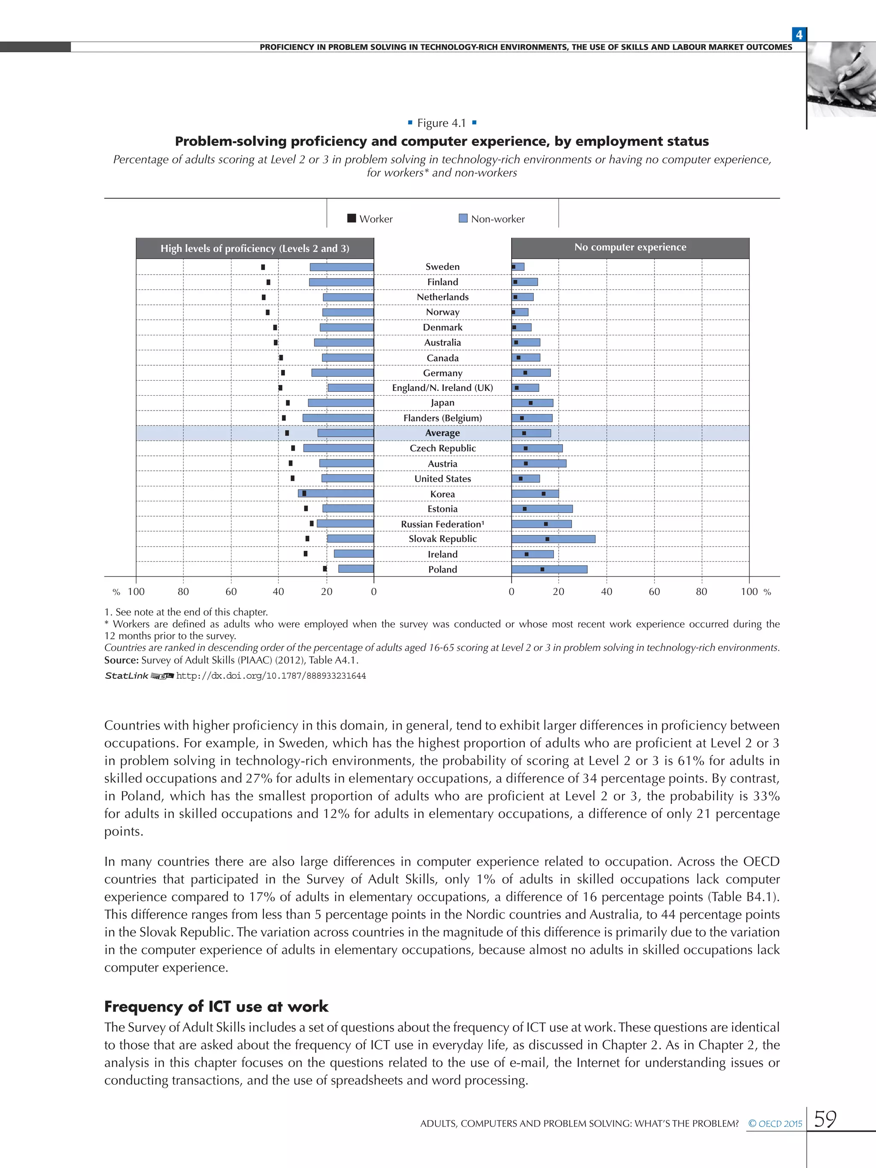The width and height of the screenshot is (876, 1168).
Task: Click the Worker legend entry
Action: coord(370,219)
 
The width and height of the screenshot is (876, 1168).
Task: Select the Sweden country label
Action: coord(442,266)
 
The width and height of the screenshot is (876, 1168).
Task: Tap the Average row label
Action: coord(442,433)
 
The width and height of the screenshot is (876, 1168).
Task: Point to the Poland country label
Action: coord(442,569)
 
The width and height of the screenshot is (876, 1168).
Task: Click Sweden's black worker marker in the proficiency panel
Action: coord(263,267)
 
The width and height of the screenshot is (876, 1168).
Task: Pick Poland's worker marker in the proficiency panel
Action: coord(325,569)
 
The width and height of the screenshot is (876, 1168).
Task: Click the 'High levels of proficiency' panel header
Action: coord(255,248)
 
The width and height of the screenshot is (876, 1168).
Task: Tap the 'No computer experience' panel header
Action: coord(630,247)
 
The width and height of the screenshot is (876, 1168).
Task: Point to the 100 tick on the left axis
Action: coord(136,592)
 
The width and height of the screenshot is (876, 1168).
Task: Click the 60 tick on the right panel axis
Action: coord(654,592)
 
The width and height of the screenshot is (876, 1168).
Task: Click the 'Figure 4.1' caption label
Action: coord(442,123)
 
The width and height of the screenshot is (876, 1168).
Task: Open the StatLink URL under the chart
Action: coord(270,676)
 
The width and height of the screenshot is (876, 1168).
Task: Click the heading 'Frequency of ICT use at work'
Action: coord(216,1006)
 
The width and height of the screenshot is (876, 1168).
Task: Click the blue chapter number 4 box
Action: coord(799,35)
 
